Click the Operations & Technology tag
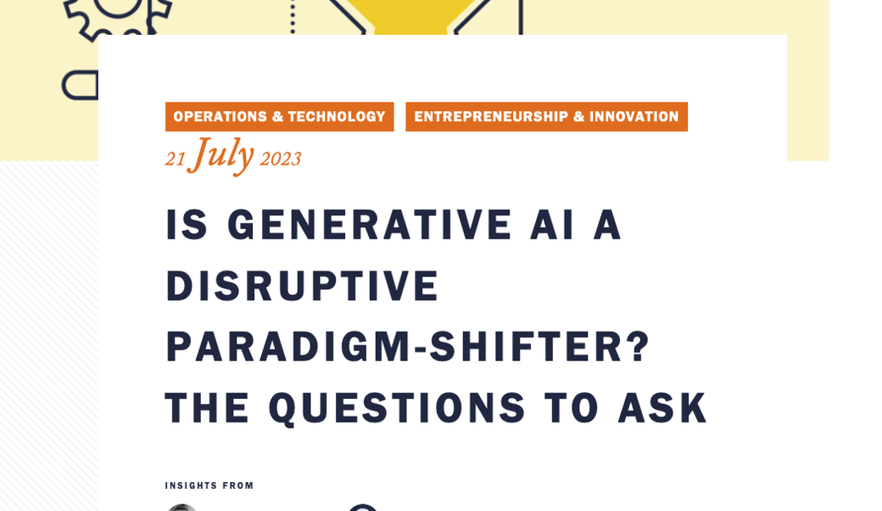[280, 116]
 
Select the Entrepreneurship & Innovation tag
[546, 116]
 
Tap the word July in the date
[222, 155]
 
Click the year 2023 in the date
[280, 159]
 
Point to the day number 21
[175, 160]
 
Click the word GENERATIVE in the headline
[370, 225]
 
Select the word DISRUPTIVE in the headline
[302, 286]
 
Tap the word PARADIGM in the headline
[288, 346]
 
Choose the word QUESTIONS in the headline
[397, 408]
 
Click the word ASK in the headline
[662, 408]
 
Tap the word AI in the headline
[552, 225]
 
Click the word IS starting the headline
[187, 225]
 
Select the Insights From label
[209, 486]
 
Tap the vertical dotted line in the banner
[293, 17]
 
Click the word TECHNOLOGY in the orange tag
[337, 116]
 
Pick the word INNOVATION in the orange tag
[634, 116]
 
